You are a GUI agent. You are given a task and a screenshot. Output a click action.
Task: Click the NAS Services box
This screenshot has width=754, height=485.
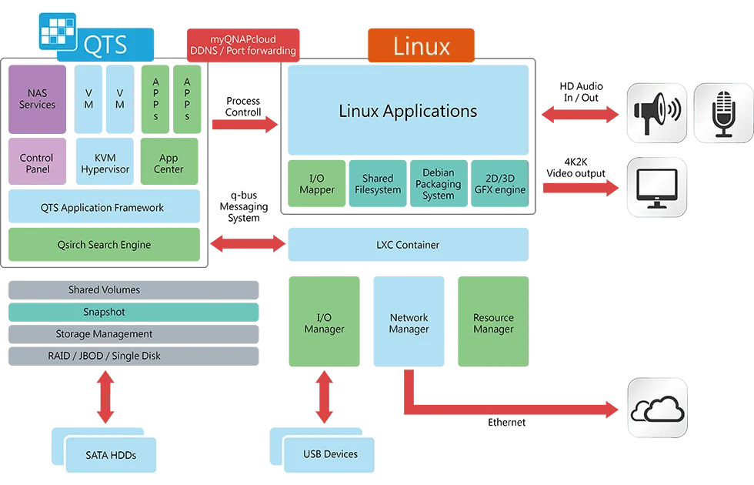point(38,99)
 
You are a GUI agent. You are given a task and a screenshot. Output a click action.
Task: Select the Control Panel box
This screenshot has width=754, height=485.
point(38,163)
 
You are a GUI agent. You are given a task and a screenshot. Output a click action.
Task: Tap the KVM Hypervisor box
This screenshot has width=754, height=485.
point(105,163)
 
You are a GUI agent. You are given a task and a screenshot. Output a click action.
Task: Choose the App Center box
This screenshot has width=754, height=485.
point(169,163)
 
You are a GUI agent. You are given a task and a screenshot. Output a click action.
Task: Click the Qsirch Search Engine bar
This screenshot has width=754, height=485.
point(105,245)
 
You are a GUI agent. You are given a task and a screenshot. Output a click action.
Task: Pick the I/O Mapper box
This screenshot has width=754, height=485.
point(316,184)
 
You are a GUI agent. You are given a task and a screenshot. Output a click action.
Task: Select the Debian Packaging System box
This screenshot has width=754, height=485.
point(438,184)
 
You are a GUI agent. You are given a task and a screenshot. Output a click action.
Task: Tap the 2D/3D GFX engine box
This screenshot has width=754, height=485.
point(499,184)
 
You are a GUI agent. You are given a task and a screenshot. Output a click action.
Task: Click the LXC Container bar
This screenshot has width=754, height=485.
point(408,245)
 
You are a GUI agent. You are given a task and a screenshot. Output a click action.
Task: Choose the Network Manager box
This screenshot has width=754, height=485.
point(409,323)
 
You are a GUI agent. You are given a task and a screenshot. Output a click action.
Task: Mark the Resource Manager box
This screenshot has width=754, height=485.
point(493,323)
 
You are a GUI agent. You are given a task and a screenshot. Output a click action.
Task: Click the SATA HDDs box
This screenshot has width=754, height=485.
point(110,455)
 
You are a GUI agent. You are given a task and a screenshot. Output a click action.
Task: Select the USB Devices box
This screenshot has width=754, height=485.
point(330,454)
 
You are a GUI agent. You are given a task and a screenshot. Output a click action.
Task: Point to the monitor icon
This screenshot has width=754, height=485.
point(657,188)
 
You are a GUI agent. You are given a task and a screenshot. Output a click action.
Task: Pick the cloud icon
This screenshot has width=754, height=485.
point(657,408)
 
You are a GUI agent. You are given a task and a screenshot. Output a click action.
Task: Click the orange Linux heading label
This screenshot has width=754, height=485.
point(421,46)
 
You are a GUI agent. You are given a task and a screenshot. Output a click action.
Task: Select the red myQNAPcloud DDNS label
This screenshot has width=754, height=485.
point(242,45)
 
